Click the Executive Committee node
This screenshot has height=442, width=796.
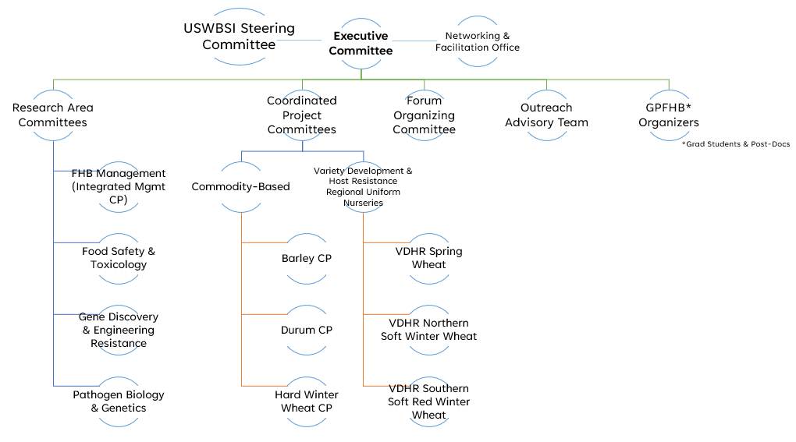coord(361,43)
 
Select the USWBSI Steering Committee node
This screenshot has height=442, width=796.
coord(239,37)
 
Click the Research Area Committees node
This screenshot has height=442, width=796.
coord(53,115)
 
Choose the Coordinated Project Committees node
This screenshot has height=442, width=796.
coord(302,115)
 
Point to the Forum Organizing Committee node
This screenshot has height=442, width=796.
coord(424,115)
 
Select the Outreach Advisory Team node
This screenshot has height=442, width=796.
coord(546,115)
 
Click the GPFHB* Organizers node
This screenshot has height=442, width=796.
coord(669,115)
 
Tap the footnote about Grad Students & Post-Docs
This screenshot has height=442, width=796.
coord(736,143)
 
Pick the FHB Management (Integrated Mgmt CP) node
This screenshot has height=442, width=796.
coord(119,186)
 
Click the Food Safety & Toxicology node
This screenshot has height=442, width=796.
coord(119,258)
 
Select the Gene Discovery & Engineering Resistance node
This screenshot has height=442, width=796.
coord(119,330)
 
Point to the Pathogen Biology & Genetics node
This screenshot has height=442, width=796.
coord(119,401)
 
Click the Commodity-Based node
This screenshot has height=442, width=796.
coord(241,186)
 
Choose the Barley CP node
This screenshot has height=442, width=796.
coord(307,258)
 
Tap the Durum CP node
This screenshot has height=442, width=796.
coord(307,330)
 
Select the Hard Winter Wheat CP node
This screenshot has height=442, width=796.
coord(307,401)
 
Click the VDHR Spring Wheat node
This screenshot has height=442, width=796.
coord(429,258)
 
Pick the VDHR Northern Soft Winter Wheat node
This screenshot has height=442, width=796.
coord(429,330)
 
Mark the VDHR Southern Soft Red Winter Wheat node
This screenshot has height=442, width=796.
coord(429,401)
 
